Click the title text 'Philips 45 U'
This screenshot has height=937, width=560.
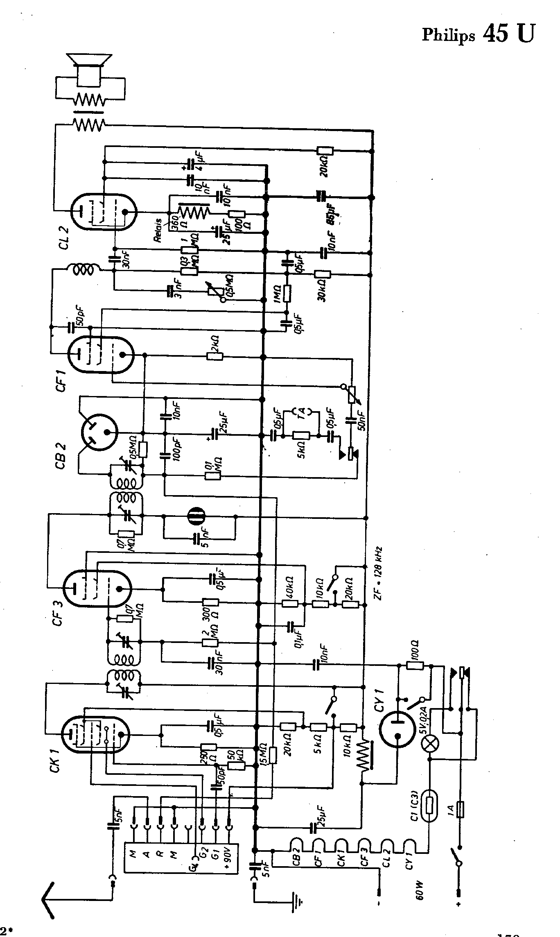coord(478,34)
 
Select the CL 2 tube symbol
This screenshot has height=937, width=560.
coord(103,212)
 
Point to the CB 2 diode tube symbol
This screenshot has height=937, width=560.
coord(99,432)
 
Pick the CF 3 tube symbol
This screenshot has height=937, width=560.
coord(97,589)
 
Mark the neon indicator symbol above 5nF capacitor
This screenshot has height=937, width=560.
coord(196,517)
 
